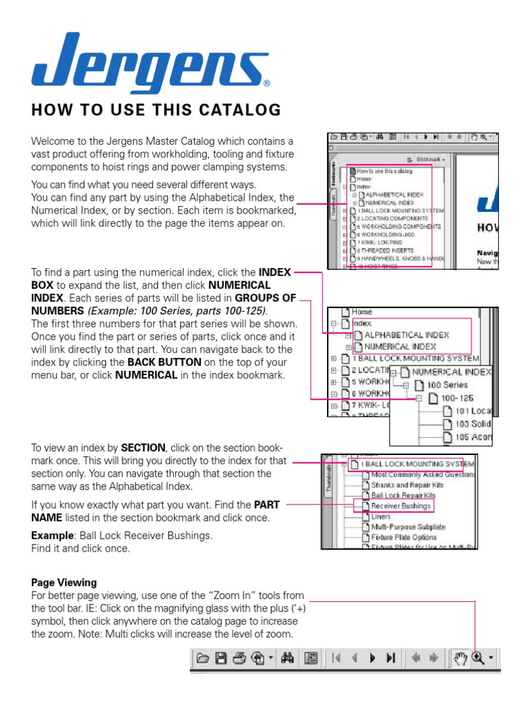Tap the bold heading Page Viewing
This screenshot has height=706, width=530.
click(x=64, y=583)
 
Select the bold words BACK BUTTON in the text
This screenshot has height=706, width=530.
click(x=161, y=362)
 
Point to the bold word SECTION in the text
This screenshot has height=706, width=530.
click(x=143, y=447)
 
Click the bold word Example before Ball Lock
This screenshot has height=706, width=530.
click(x=52, y=536)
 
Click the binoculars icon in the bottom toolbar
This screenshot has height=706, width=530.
click(x=288, y=658)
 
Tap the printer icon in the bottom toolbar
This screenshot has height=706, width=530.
click(x=239, y=658)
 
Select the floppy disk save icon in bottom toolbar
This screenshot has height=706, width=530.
click(x=221, y=658)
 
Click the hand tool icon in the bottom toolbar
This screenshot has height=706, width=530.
click(x=460, y=658)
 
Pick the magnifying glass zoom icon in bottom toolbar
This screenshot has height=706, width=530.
click(x=478, y=658)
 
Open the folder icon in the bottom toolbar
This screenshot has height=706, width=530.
click(x=202, y=658)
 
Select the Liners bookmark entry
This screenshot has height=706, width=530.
click(x=381, y=516)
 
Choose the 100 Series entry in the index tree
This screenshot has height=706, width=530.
click(x=446, y=385)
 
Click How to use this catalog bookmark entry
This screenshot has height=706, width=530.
click(x=384, y=170)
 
